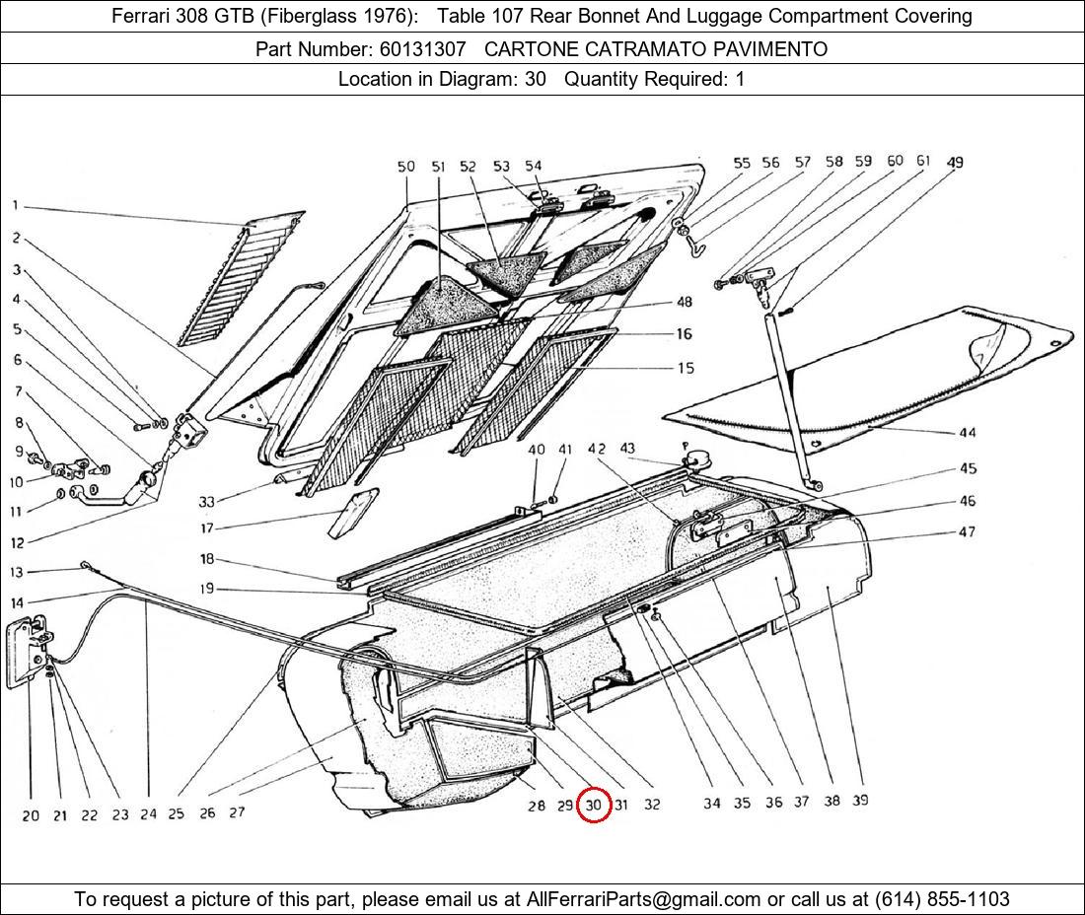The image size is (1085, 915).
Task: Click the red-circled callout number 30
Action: (593, 805)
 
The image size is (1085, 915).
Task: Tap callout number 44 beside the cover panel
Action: (967, 433)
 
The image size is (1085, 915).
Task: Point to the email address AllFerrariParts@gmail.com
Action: (644, 898)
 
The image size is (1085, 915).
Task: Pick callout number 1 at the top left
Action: (16, 205)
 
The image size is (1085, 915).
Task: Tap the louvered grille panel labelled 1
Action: (242, 279)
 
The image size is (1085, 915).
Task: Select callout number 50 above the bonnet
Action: (406, 167)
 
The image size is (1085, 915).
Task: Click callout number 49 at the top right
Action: (955, 162)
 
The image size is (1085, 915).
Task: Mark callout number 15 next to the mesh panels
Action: (685, 368)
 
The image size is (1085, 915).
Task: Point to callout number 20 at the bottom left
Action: (31, 815)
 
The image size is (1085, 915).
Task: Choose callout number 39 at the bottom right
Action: (860, 801)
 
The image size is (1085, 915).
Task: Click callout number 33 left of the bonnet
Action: (206, 501)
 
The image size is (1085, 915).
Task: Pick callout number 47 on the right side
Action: (967, 531)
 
